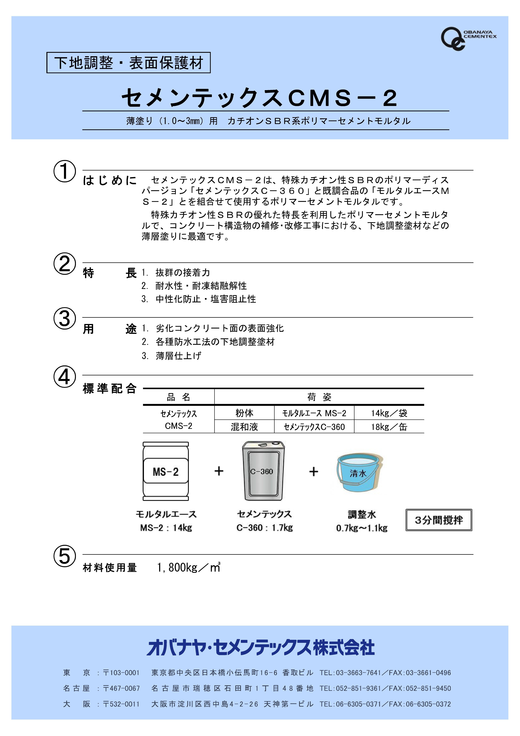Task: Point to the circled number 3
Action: (x=65, y=319)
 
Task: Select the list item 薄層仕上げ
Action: (x=178, y=356)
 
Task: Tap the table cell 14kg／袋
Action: (x=389, y=413)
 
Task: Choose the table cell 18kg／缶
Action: (x=389, y=427)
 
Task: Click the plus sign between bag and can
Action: (x=219, y=471)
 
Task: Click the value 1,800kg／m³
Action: (x=188, y=568)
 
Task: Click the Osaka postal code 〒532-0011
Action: (x=121, y=704)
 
